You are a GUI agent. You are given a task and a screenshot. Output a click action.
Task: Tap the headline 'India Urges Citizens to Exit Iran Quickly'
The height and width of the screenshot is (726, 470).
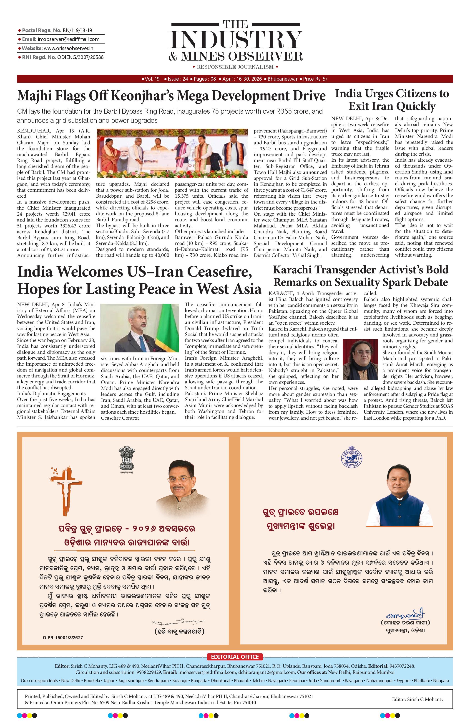pos(392,100)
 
